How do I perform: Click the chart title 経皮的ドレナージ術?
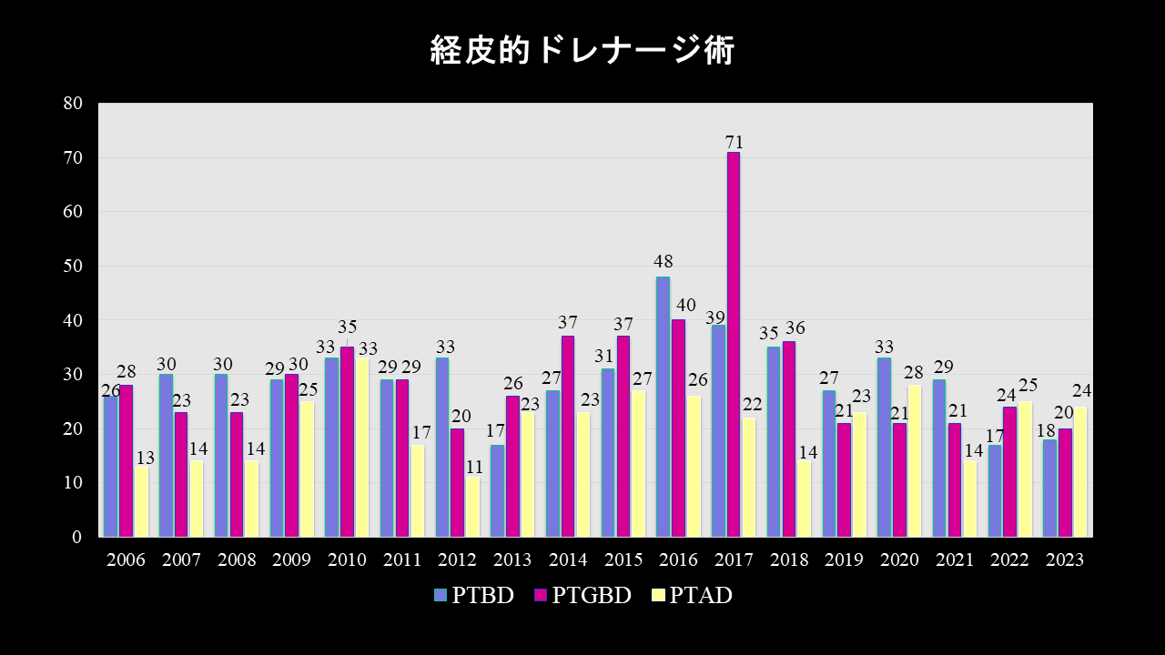point(582,51)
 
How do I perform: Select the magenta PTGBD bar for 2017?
point(733,346)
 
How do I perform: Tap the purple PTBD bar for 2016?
point(663,407)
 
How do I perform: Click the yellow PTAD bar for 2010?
point(362,448)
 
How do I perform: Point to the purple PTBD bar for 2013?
point(497,491)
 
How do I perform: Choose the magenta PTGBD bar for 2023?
point(1065,483)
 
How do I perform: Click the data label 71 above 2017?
point(734,142)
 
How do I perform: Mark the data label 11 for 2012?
point(473,468)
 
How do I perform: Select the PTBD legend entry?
point(473,596)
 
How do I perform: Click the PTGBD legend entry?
point(582,596)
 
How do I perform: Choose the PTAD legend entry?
point(692,596)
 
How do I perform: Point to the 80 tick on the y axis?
point(73,104)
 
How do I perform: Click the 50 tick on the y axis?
point(73,267)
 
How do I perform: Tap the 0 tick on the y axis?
point(77,538)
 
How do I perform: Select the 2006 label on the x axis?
point(126,560)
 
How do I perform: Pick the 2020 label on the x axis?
point(899,560)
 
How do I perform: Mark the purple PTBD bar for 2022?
point(994,491)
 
